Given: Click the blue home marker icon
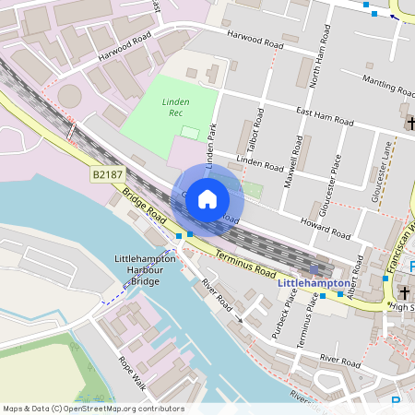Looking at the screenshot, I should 207,198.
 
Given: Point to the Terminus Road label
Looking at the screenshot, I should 245,263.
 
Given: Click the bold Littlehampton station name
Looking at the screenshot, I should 314,283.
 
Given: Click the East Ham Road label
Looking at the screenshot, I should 325,116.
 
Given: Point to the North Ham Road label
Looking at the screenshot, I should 316,65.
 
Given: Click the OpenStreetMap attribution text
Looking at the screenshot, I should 93,409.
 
